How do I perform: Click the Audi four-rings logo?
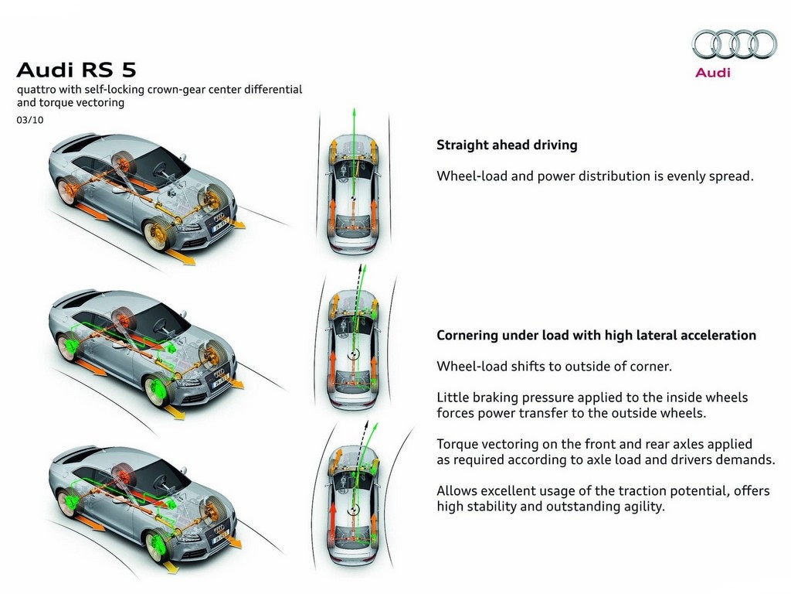point(734,44)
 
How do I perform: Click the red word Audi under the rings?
point(712,72)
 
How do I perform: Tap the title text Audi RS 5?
point(76,70)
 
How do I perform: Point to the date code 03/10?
point(30,120)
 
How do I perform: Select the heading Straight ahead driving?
point(507,145)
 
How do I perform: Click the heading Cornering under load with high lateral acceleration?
point(596,336)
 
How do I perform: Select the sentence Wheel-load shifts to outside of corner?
point(554,366)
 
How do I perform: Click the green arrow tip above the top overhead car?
point(354,110)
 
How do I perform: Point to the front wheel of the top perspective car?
point(157,235)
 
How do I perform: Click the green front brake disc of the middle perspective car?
point(156,390)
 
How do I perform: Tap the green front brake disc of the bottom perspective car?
point(156,546)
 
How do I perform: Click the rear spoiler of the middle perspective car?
point(75,296)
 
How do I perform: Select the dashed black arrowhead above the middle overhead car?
point(360,267)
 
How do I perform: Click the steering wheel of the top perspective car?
point(165,169)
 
